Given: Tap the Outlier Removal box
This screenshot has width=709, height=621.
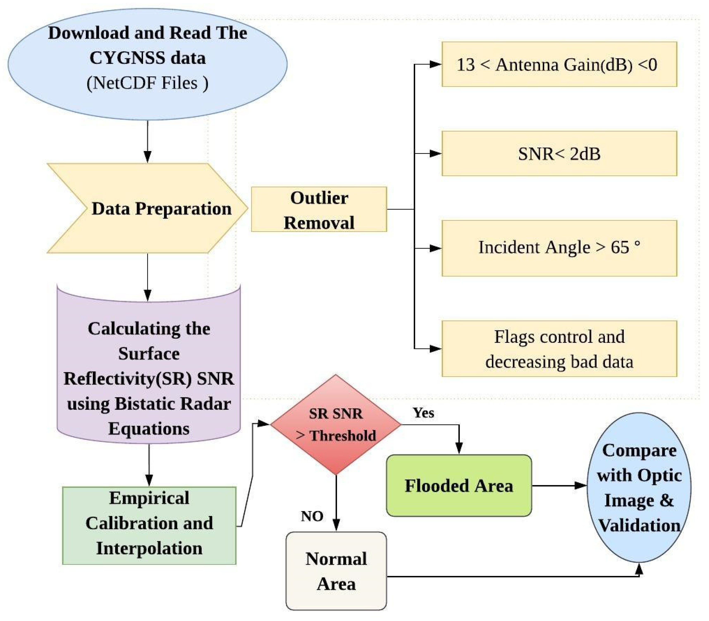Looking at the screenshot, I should [319, 209].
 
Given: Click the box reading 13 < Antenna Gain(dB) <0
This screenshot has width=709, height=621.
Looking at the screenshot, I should [559, 64].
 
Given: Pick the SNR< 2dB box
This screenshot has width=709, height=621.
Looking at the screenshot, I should [559, 154].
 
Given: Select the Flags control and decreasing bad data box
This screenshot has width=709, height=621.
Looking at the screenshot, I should [559, 349].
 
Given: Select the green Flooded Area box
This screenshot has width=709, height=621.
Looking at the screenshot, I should [459, 485].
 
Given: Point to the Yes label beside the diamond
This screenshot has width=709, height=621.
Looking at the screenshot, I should [423, 413].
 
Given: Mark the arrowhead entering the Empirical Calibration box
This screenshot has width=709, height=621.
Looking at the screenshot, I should [149, 480].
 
